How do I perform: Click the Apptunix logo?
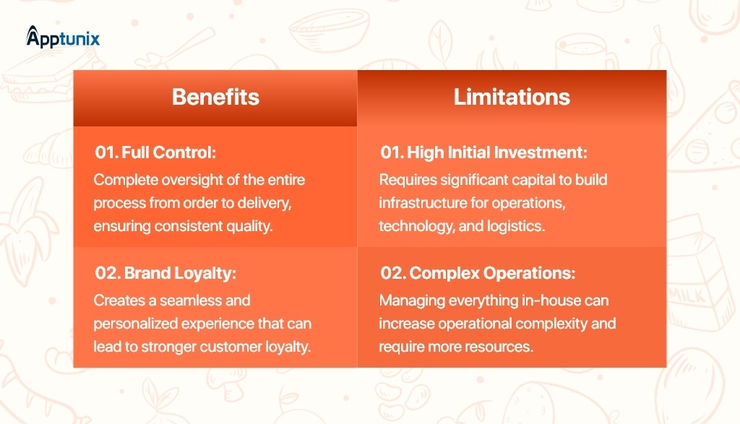(63, 38)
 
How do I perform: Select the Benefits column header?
(215, 97)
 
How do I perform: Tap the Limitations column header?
(512, 97)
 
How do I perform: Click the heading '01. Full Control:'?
(155, 152)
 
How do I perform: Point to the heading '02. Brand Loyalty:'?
(165, 273)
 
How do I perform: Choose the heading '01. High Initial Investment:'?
(483, 152)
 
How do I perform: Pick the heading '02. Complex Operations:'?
(478, 273)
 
